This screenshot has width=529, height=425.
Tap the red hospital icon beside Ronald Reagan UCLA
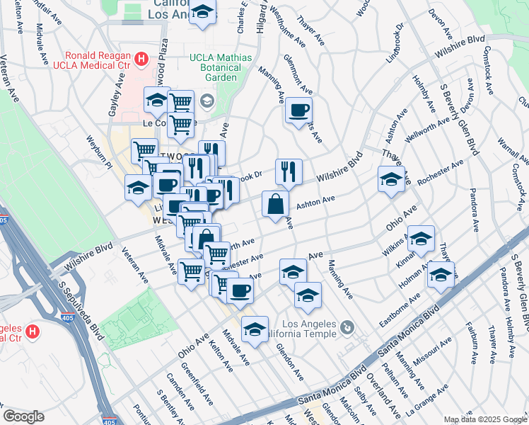click(x=141, y=59)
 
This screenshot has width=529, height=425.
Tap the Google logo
click(x=23, y=416)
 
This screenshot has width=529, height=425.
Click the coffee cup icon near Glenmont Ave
click(x=298, y=110)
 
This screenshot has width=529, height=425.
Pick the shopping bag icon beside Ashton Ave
click(x=275, y=204)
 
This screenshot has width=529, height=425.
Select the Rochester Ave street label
click(x=440, y=172)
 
